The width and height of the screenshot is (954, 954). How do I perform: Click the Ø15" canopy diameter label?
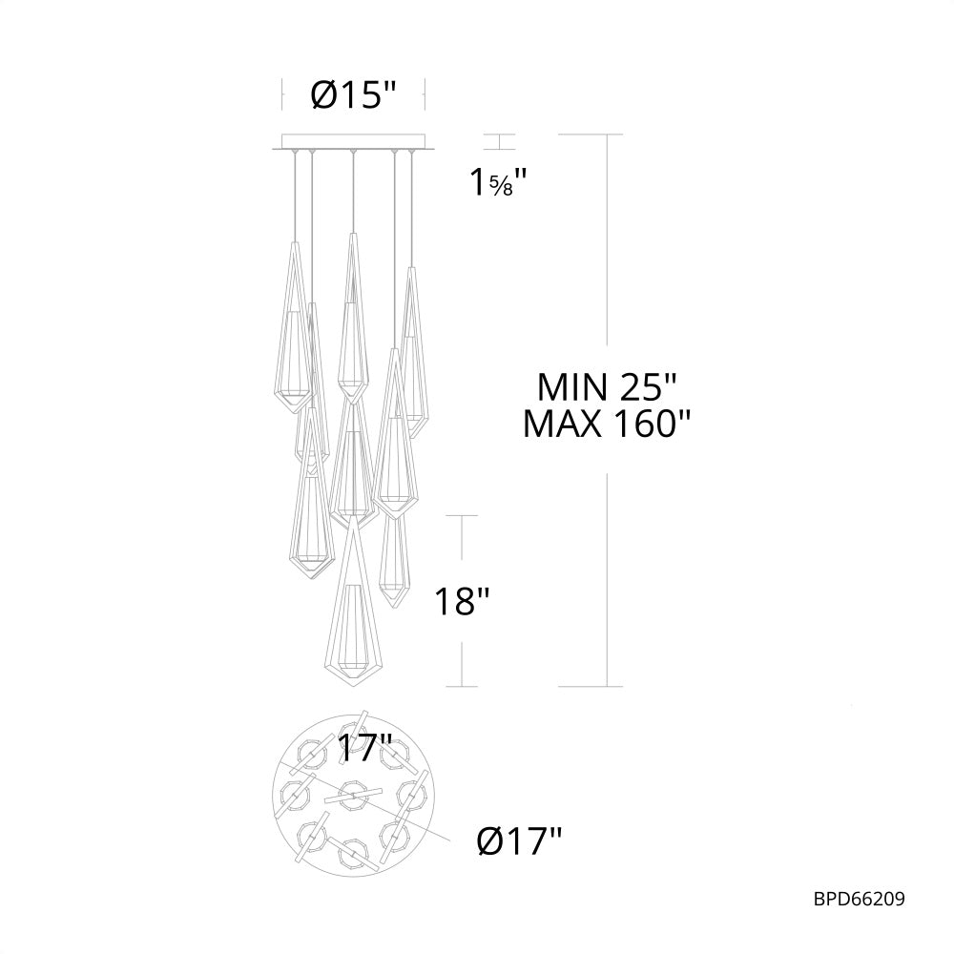click(353, 96)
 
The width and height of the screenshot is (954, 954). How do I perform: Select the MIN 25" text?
click(606, 386)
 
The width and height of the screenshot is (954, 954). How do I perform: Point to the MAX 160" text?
click(606, 424)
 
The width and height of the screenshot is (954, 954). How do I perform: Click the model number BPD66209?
click(858, 898)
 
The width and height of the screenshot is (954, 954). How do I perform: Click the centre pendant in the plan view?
click(352, 794)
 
